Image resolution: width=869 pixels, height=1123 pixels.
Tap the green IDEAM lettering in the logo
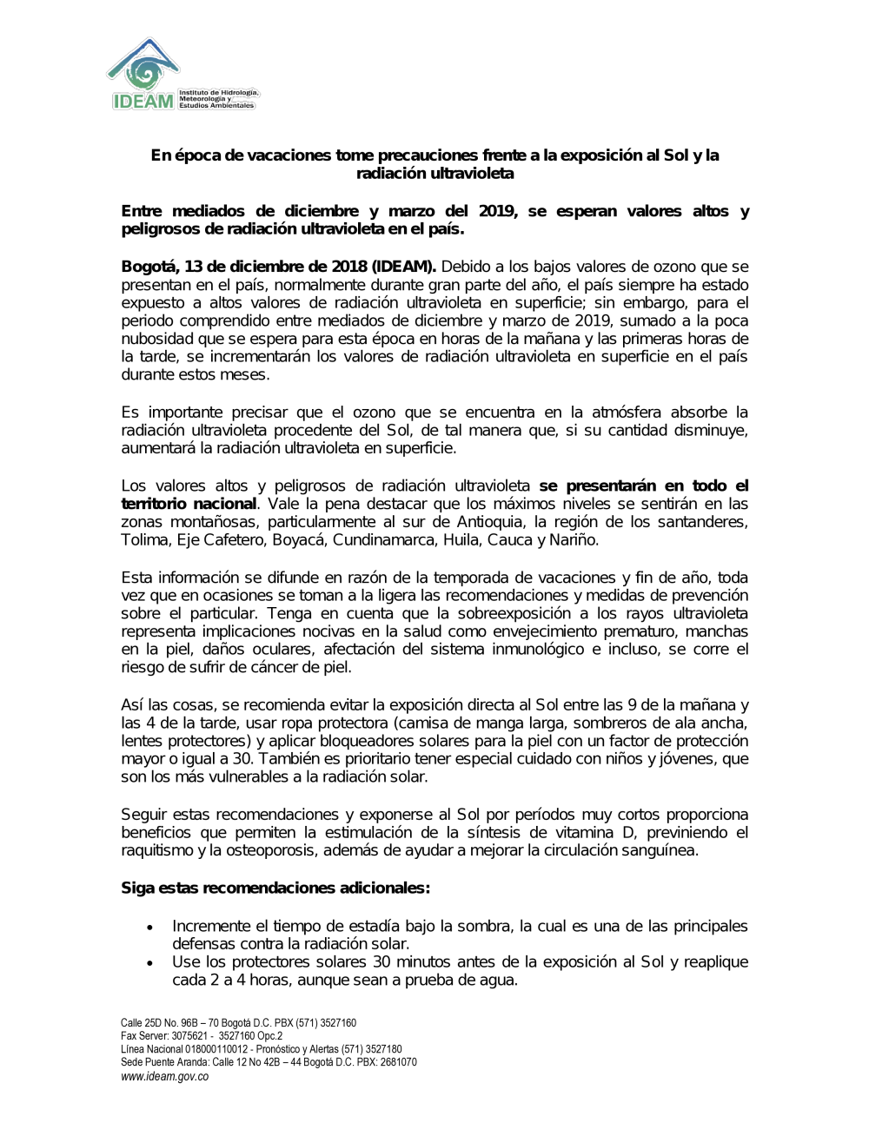(x=143, y=102)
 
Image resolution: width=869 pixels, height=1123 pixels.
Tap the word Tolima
(x=144, y=540)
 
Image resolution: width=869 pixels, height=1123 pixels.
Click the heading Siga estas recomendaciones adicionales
(x=275, y=888)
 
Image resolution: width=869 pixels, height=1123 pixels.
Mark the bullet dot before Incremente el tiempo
(x=151, y=928)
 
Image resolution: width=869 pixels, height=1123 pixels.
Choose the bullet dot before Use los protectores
(x=151, y=963)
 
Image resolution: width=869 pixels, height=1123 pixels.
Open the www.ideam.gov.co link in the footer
(x=165, y=1076)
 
